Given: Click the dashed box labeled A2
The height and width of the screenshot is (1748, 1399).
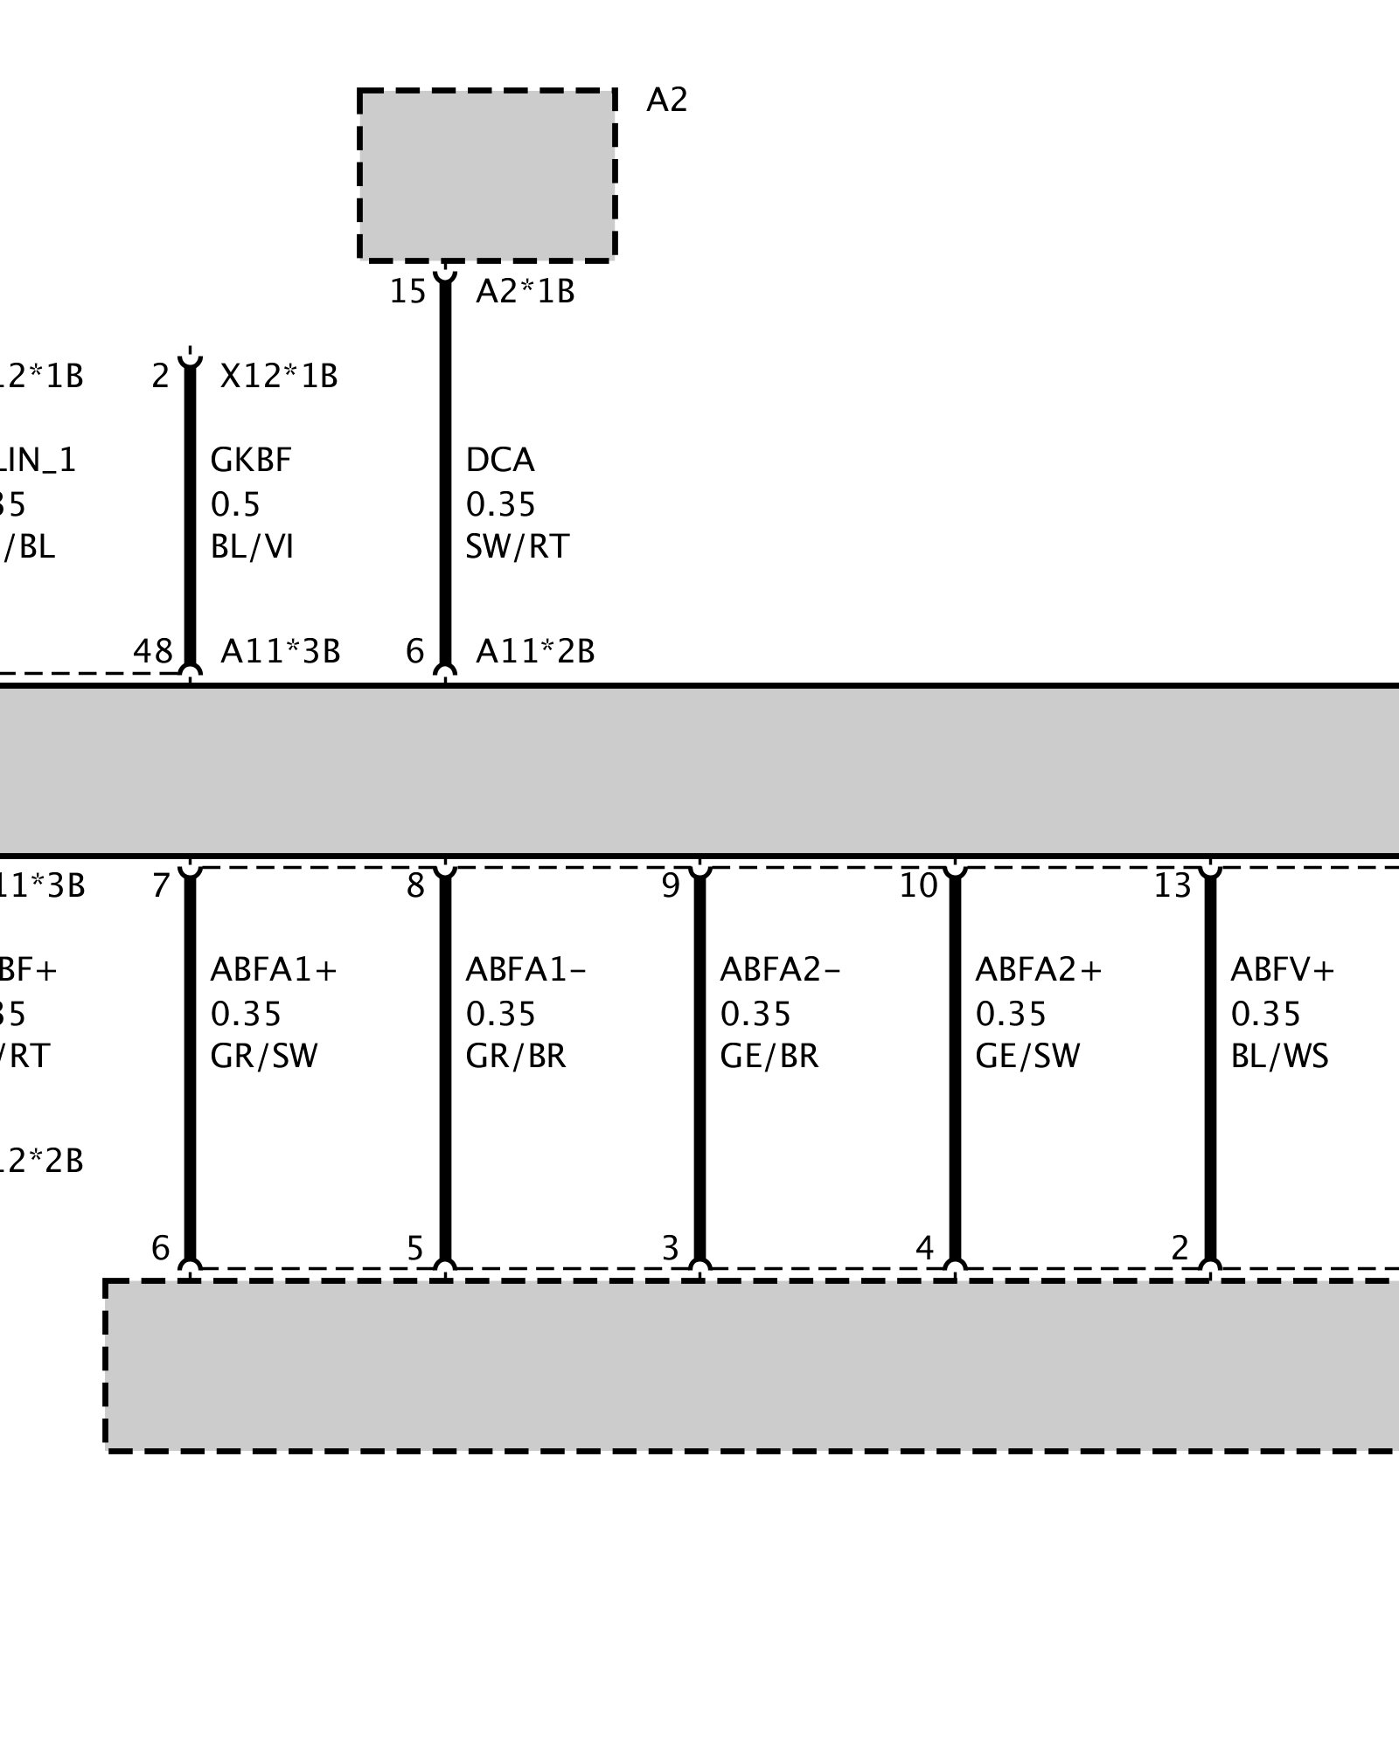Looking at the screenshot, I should [487, 175].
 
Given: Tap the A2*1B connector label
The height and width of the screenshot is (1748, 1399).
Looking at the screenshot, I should [525, 291].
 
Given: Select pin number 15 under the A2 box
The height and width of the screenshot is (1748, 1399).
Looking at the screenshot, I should [407, 291].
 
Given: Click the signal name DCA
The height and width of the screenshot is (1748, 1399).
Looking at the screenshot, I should [500, 460].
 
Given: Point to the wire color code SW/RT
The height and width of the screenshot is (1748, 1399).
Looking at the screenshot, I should [517, 546].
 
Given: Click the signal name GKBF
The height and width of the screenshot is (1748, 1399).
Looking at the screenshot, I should [251, 460].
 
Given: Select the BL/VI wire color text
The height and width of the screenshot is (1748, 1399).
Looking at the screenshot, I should [252, 546].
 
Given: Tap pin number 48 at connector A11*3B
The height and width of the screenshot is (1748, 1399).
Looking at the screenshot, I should [153, 651].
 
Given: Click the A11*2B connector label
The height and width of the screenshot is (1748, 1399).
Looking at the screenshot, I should [535, 651].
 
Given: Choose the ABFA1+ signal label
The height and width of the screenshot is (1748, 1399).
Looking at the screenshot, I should [274, 969].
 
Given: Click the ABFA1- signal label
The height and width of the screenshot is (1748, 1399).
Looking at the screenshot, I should [525, 969].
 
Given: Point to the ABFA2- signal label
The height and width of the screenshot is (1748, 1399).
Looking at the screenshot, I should [780, 969].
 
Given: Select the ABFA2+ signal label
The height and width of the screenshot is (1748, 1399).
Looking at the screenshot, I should [1039, 969].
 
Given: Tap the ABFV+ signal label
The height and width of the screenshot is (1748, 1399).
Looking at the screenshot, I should [1283, 969].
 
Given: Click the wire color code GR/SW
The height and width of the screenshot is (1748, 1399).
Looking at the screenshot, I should [264, 1056].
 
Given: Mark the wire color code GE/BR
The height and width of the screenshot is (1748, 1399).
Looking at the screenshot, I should [769, 1056].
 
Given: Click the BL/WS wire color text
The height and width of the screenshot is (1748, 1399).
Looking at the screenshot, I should [1279, 1056].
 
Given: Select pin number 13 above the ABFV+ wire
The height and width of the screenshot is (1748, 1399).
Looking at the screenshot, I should [1173, 886].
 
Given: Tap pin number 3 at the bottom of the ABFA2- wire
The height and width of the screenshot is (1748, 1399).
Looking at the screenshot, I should [671, 1248].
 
